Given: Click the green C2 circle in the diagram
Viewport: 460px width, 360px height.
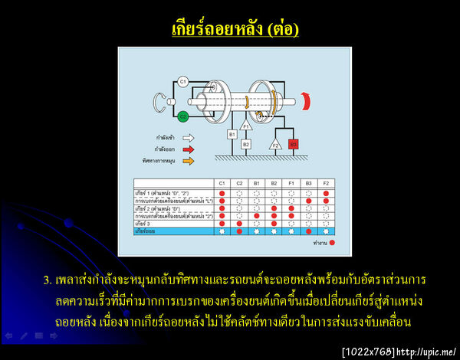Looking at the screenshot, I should coord(183,117).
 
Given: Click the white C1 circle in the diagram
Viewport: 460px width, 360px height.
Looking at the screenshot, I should coord(183,81).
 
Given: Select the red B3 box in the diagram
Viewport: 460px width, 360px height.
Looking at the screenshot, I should coord(294,143).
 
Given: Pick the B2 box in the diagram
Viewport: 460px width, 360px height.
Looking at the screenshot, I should coord(246,144).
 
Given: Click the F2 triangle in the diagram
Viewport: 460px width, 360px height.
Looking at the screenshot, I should coord(275,143).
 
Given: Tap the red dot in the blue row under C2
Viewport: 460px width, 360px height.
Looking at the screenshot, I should coord(239,231).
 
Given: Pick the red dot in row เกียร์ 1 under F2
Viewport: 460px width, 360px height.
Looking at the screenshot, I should coord(326,193).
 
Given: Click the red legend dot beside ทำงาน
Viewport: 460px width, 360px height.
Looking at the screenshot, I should coord(332,243).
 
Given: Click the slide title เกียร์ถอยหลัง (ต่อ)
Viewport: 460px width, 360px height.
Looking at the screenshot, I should coord(235,29).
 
